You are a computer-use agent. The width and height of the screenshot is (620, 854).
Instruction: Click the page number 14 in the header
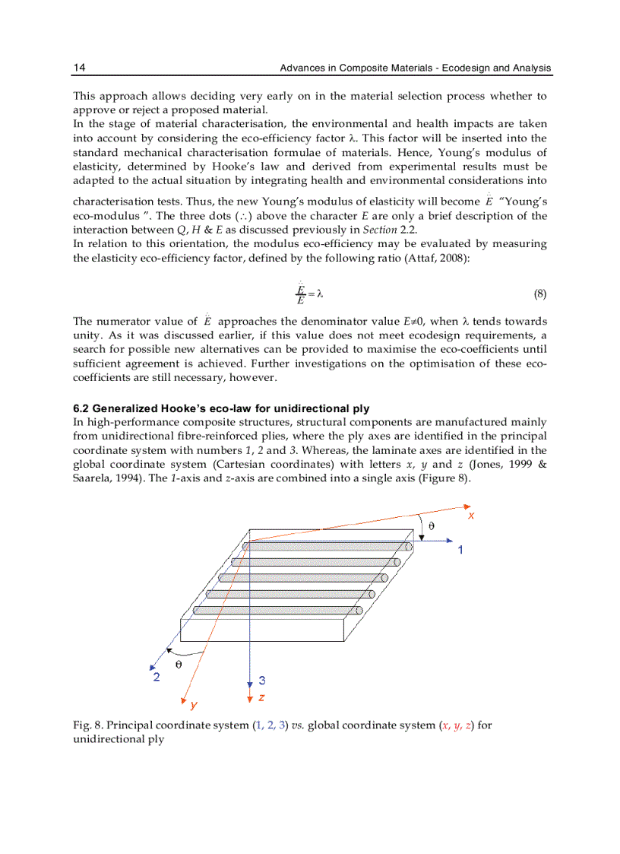coord(79,68)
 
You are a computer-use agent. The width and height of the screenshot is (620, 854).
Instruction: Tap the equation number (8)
coord(539,294)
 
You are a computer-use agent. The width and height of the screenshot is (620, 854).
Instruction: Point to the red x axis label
coord(471,515)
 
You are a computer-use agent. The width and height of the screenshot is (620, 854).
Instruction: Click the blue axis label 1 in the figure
coord(460,549)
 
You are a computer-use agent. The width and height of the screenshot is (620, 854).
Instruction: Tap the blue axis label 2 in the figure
coord(157,677)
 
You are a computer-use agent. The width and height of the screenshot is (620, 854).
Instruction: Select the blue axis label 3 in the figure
coord(261,681)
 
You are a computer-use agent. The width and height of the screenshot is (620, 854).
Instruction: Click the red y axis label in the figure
coord(194,704)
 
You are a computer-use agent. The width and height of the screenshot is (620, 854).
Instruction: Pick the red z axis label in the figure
coord(261,697)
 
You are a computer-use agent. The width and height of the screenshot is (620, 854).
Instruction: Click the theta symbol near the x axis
coord(432,525)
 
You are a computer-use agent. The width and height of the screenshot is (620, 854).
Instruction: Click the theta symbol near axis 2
coord(179,663)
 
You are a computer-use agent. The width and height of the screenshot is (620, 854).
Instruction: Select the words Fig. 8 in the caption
coord(84,725)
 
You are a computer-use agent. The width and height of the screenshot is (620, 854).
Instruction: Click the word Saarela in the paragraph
coord(92,478)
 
